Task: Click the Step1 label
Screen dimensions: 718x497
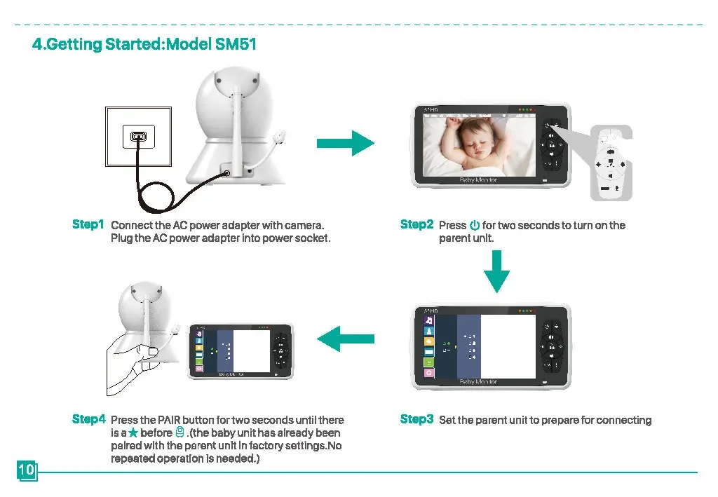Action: click(88, 224)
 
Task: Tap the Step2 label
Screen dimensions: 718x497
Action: click(416, 224)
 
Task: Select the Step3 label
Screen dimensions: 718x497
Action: click(416, 419)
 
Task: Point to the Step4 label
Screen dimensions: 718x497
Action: click(88, 419)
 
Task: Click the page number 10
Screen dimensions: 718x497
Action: click(27, 470)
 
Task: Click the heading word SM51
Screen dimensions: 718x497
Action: click(236, 44)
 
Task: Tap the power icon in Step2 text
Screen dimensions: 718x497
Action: click(475, 225)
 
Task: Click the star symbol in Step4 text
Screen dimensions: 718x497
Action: click(133, 433)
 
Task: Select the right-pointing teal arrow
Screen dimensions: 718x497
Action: click(345, 143)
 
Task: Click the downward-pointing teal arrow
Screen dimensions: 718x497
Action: click(497, 271)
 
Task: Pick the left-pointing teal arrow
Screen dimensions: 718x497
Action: click(345, 339)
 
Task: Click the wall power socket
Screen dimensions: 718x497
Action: click(138, 137)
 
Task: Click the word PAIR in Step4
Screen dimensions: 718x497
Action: click(169, 420)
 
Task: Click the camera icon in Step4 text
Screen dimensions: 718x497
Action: click(180, 433)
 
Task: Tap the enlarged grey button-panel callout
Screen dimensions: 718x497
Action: click(611, 163)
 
